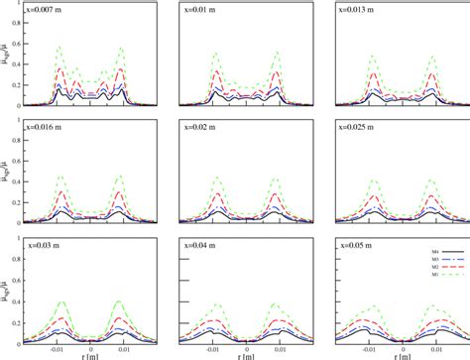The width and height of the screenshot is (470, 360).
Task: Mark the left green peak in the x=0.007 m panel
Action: click(59, 47)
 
